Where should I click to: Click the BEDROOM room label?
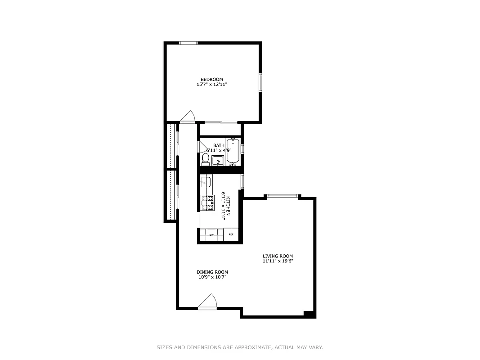211,80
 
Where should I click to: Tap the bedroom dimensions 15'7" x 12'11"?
211,85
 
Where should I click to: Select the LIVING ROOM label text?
278,256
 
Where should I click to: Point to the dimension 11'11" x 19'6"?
278,261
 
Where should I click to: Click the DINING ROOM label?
212,272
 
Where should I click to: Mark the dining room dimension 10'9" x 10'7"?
212,277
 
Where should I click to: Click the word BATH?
219,145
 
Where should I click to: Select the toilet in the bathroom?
205,159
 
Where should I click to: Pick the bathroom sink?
218,161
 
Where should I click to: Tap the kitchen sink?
206,182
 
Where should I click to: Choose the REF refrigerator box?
231,234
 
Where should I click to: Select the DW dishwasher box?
211,234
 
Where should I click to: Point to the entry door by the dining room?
207,302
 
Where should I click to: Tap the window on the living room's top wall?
282,196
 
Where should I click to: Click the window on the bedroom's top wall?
188,43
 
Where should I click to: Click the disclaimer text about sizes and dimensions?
240,347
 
